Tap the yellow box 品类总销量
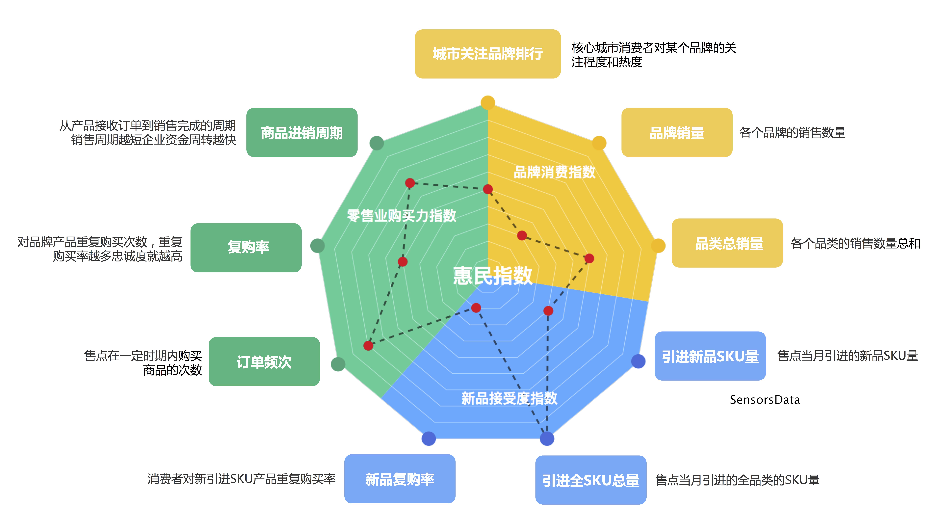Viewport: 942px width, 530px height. tap(727, 243)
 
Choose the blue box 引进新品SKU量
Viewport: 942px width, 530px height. tap(710, 356)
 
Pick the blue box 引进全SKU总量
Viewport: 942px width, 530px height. tap(591, 480)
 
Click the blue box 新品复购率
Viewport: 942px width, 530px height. tap(400, 479)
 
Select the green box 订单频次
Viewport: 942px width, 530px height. tap(264, 361)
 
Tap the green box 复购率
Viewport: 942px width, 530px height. tap(246, 248)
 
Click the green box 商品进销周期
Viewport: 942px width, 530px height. tap(302, 132)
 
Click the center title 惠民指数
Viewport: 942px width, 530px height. tap(492, 275)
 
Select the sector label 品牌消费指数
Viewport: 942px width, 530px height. tap(554, 172)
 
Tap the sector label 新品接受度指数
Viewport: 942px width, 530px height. tap(509, 398)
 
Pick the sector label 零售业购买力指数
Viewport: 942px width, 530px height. tap(401, 215)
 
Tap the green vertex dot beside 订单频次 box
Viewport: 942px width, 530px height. tap(338, 364)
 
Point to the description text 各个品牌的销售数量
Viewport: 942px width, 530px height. tap(792, 132)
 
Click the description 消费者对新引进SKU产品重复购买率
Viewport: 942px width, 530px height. tap(241, 479)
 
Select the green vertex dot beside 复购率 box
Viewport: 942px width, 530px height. tap(317, 245)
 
